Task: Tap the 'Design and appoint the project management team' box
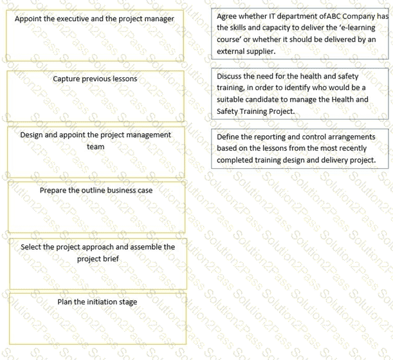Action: tap(95, 151)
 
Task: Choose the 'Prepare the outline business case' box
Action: tap(96, 207)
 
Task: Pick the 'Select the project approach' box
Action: tap(97, 263)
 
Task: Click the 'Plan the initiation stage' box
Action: tap(97, 317)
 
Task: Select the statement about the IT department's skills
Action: tap(300, 33)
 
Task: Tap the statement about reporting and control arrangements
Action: tap(300, 148)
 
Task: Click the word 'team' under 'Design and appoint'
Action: tap(95, 146)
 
